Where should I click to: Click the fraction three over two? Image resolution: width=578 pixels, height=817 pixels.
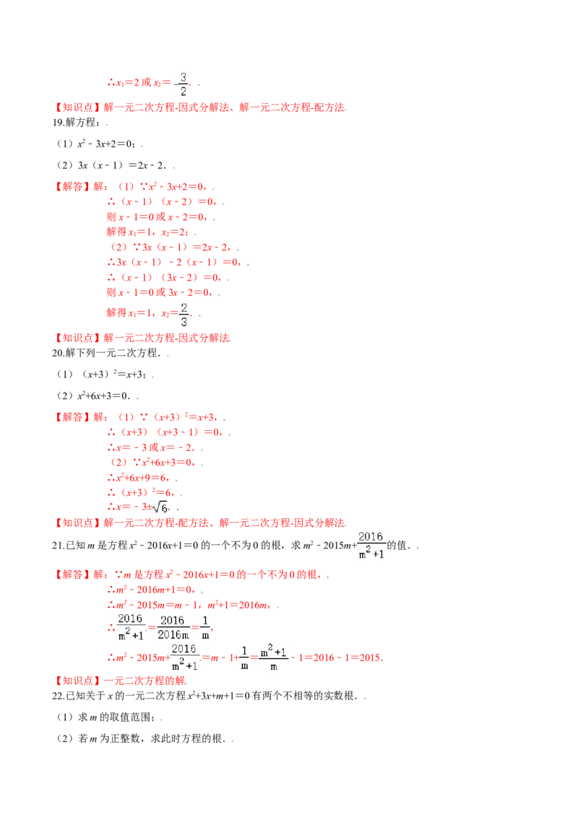click(x=180, y=84)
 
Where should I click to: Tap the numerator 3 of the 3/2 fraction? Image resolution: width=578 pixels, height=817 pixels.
click(x=184, y=77)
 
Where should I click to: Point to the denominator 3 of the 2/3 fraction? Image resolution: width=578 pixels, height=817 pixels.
click(x=184, y=322)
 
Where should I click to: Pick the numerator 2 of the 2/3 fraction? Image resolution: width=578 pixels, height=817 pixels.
click(x=184, y=307)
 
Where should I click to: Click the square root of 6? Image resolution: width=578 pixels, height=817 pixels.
click(x=160, y=507)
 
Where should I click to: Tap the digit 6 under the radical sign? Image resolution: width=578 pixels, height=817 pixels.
click(x=163, y=509)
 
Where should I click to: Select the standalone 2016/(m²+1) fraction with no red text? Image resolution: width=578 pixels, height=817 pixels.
click(x=370, y=545)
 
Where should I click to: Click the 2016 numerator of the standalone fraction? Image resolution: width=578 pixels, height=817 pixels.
click(x=370, y=536)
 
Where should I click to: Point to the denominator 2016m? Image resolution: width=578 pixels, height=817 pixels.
click(x=173, y=635)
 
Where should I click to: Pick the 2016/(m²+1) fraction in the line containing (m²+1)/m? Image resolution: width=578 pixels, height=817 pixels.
click(x=185, y=657)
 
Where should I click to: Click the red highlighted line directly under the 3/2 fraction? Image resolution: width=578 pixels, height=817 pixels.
click(x=199, y=108)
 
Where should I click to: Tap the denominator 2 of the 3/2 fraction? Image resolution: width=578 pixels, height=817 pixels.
click(x=184, y=92)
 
